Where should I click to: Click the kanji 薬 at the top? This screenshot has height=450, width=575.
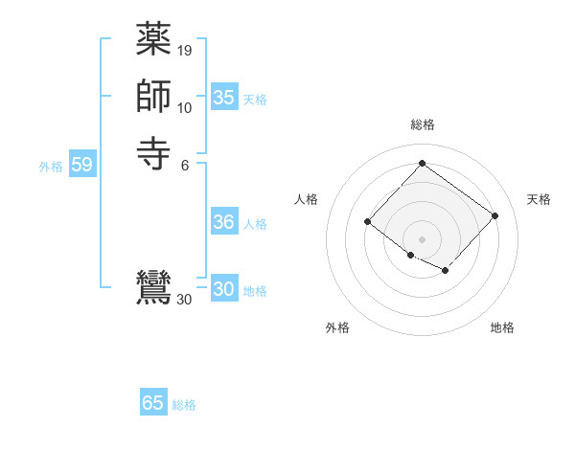tap(153, 41)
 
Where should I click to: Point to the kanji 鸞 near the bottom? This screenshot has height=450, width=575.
tap(153, 288)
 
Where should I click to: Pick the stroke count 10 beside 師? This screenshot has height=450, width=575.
tap(185, 107)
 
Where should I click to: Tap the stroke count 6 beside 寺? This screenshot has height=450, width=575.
tap(185, 164)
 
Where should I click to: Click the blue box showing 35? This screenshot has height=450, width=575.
tap(224, 98)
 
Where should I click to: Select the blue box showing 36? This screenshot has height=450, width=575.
tap(224, 222)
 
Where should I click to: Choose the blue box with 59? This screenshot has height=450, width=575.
tap(81, 166)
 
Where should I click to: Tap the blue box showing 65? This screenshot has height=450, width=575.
tap(153, 403)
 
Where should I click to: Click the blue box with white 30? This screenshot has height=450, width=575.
tap(224, 290)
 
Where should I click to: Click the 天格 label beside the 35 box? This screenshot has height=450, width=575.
tap(255, 100)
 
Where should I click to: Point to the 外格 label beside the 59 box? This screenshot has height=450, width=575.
tap(51, 167)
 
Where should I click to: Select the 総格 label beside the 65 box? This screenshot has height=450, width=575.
tap(184, 405)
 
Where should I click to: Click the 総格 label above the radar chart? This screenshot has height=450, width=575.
tap(422, 124)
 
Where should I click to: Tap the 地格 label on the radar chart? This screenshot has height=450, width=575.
tap(502, 327)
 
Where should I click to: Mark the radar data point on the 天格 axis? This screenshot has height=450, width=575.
tap(494, 215)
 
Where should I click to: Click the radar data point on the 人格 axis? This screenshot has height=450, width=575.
tap(368, 222)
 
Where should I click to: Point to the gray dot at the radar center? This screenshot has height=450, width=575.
tap(422, 238)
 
